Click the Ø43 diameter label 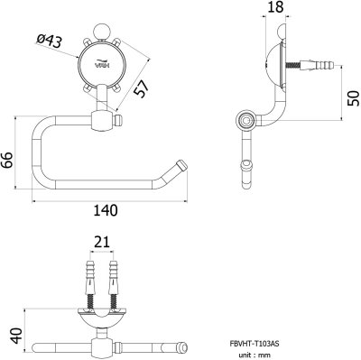point(49,42)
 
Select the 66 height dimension point(6,161)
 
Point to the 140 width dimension point(106,210)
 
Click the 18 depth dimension point(275,7)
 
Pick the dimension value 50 point(354,98)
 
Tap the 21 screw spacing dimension point(102,242)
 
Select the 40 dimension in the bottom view point(16,336)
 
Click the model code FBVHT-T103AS point(255,344)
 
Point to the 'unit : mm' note point(255,355)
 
